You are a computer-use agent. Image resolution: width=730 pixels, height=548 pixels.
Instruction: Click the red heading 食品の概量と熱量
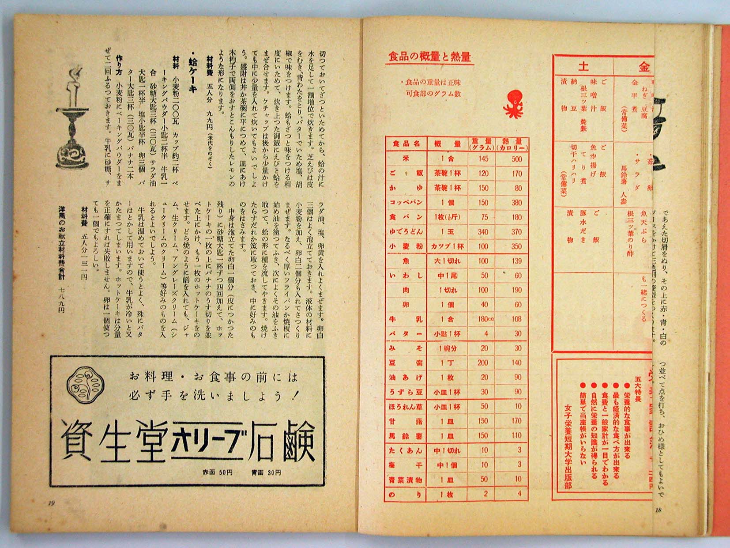point(429,57)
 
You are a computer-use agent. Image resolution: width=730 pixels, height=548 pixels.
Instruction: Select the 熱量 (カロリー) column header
point(512,144)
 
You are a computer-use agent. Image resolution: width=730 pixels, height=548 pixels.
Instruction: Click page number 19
point(51,503)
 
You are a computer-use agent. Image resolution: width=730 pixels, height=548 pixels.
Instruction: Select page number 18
point(658,510)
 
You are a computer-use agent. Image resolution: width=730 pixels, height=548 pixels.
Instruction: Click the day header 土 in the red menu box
point(583,67)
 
